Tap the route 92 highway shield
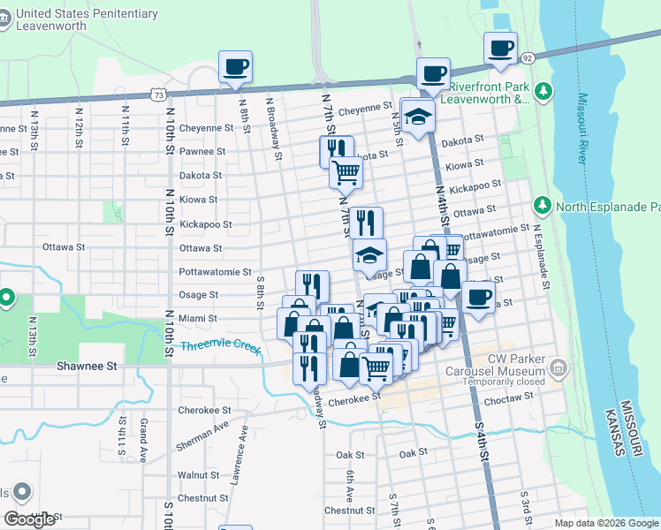click(x=528, y=58)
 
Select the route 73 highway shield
click(x=158, y=93)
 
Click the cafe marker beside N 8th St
click(x=235, y=67)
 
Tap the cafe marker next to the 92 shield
click(x=500, y=48)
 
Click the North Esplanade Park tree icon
click(x=543, y=206)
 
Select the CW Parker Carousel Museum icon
click(x=558, y=366)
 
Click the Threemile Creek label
click(x=221, y=348)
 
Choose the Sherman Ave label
click(x=201, y=435)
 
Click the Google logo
click(x=30, y=519)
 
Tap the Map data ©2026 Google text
click(x=605, y=523)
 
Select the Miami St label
click(x=199, y=318)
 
